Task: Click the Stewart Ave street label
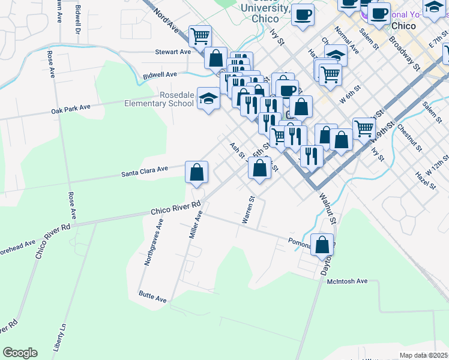coord(173,52)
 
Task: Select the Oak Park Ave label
coord(71,107)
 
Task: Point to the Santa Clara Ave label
coord(145,170)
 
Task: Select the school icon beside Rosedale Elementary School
coord(208,98)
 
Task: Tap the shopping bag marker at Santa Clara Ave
coord(196,173)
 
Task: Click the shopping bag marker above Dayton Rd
coord(322,245)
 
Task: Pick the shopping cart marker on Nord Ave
coord(200,36)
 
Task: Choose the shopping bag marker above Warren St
coord(259,167)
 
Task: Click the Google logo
coord(20,353)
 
